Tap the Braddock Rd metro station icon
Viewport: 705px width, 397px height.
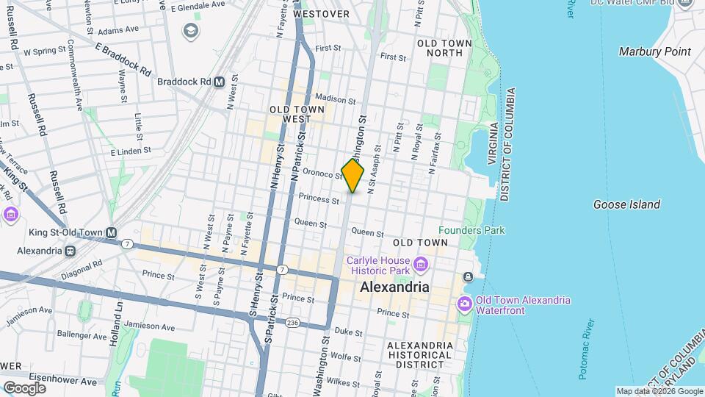point(219,82)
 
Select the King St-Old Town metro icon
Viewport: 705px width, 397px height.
point(111,233)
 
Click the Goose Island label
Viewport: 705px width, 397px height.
point(626,204)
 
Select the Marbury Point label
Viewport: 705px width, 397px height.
point(654,51)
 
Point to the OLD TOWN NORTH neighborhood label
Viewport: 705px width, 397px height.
point(444,48)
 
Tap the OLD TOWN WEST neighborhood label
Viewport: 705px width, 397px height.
point(297,114)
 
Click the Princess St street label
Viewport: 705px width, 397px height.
point(319,199)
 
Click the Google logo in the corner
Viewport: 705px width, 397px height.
point(24,387)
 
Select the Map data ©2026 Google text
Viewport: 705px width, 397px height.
point(658,391)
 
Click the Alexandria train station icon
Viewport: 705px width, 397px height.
point(70,250)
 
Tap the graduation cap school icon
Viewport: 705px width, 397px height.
point(191,31)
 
